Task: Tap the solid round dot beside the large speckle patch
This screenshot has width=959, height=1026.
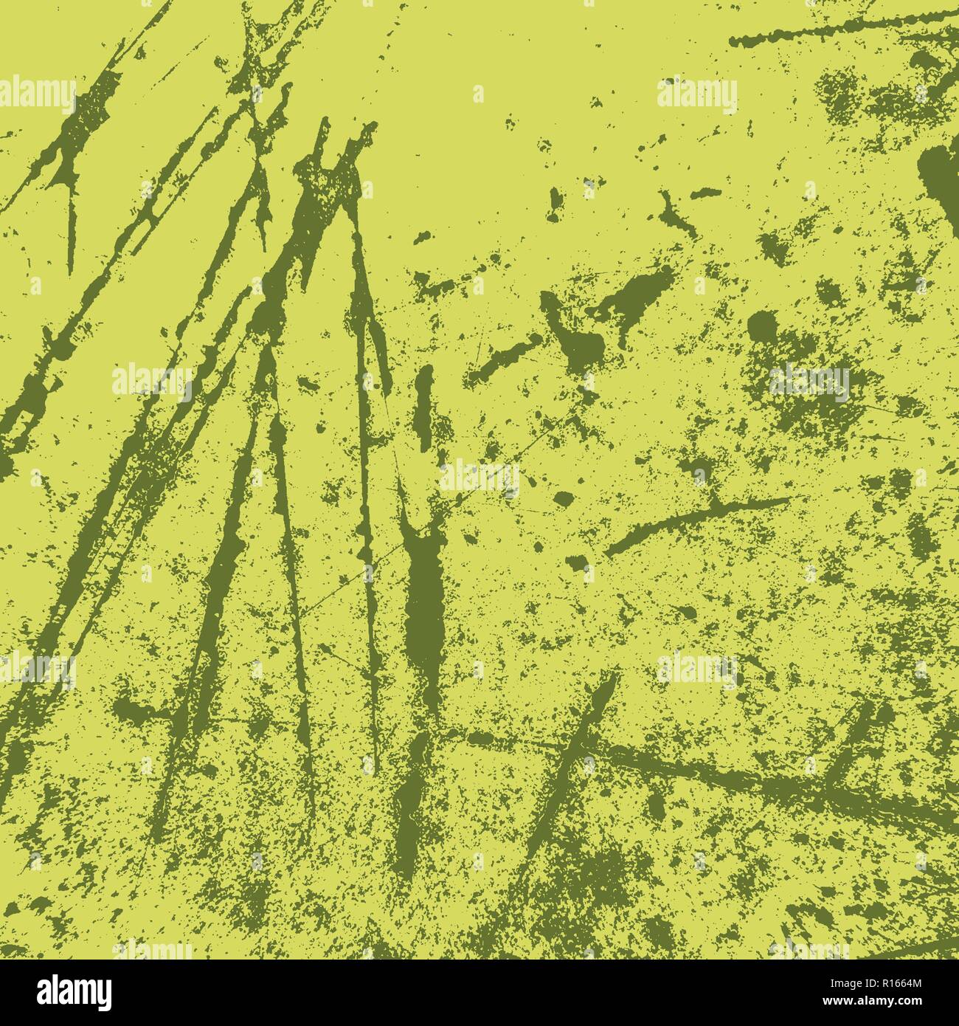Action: coord(762,326)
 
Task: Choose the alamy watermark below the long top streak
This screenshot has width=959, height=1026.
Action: coord(696,96)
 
